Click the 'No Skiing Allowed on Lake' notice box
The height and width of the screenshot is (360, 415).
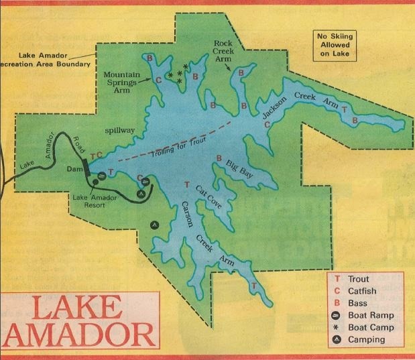pyautogui.click(x=334, y=44)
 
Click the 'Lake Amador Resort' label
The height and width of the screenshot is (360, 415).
pyautogui.click(x=96, y=202)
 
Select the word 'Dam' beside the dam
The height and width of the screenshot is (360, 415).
pyautogui.click(x=74, y=170)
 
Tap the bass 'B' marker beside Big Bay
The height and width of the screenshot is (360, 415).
pyautogui.click(x=219, y=158)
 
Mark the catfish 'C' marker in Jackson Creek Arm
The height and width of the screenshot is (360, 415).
pyautogui.click(x=267, y=124)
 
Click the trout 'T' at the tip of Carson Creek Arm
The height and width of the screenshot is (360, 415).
pyautogui.click(x=254, y=286)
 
